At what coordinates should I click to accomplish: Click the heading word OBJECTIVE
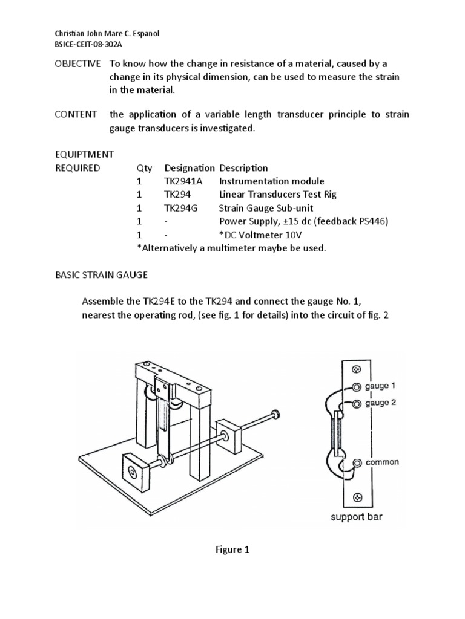[x=74, y=64]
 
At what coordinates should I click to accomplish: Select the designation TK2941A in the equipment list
[x=184, y=181]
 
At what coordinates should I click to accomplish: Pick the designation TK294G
[x=180, y=208]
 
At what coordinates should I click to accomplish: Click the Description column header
[x=243, y=168]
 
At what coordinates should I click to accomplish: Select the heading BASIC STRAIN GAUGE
[x=101, y=275]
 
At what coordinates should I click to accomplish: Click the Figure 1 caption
[x=232, y=549]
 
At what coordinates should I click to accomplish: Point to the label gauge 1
[x=381, y=386]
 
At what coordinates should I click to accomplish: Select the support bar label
[x=357, y=517]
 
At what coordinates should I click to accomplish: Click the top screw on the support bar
[x=357, y=369]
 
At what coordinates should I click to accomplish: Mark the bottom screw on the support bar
[x=357, y=497]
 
